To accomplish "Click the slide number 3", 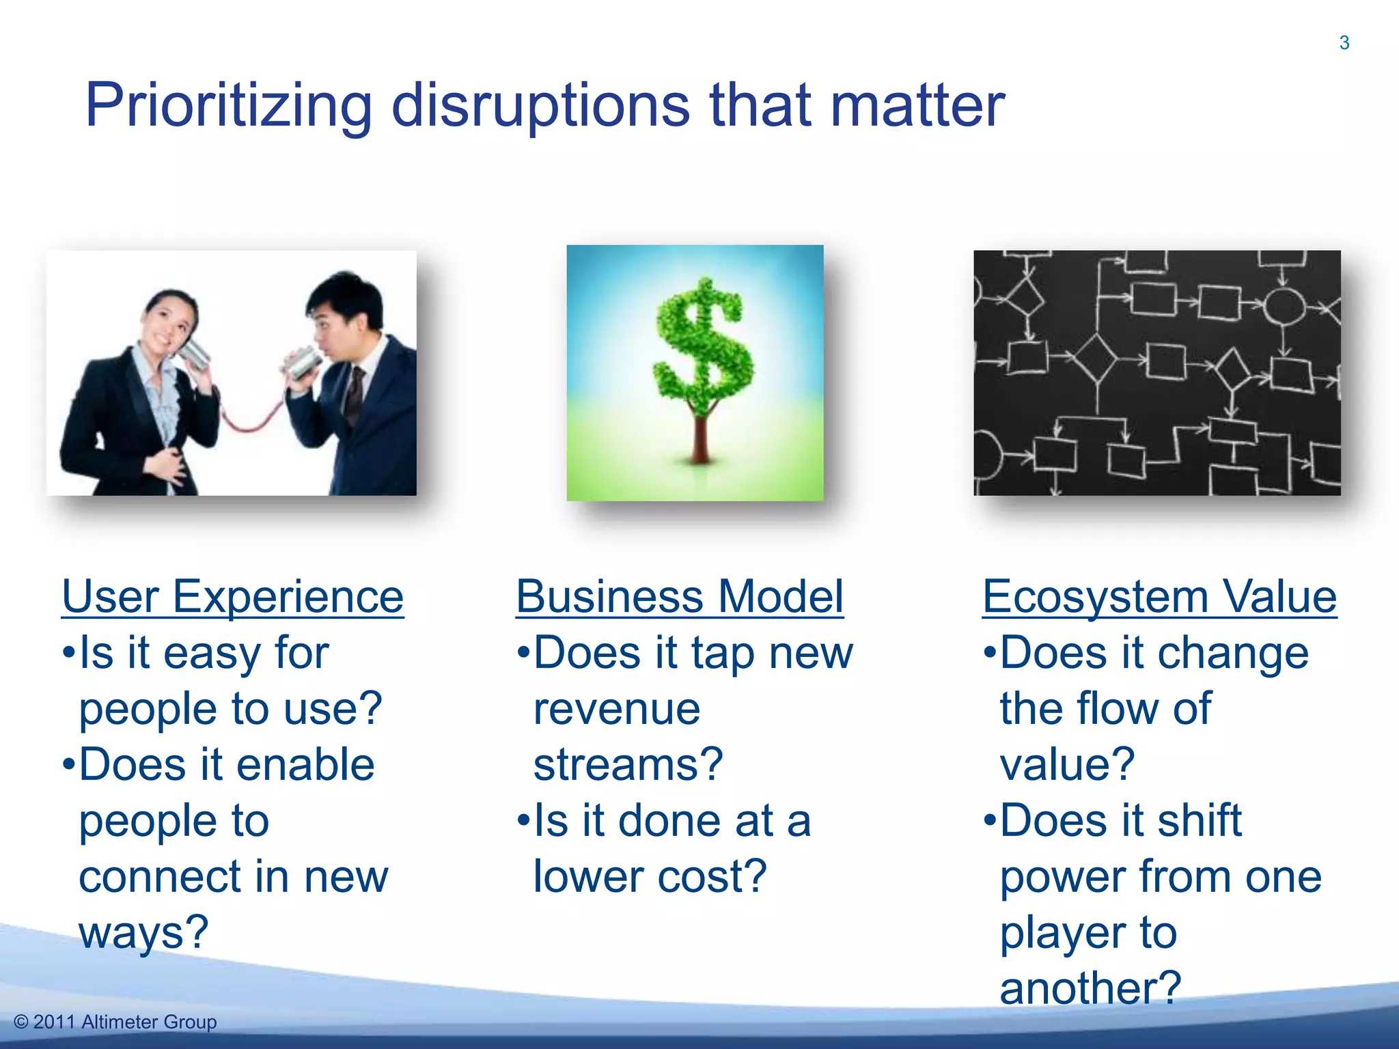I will (1344, 43).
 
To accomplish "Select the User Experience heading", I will (232, 597).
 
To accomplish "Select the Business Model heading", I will (680, 597).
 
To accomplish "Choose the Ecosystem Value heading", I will (1159, 597).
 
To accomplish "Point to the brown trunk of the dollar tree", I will (699, 437).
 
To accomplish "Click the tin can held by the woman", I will (194, 352).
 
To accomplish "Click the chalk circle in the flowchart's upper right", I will (1284, 305).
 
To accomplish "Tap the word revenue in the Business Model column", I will (617, 709).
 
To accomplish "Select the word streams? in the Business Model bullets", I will (628, 765).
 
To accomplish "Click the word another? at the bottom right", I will (1090, 988).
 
